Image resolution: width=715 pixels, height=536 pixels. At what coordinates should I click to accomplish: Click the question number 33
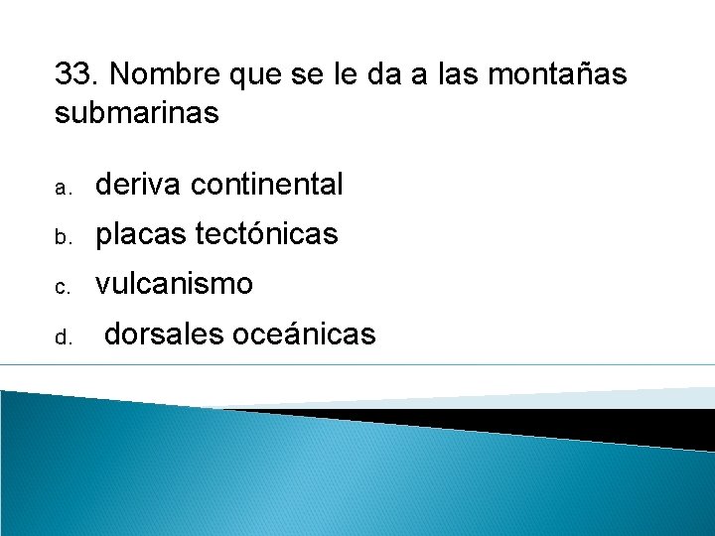75,74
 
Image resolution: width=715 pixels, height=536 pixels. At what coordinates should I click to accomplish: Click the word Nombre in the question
162,74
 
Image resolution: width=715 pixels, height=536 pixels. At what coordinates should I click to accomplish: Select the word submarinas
136,113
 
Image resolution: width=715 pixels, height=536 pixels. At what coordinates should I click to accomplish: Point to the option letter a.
61,187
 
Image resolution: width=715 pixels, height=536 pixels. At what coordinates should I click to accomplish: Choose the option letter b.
61,237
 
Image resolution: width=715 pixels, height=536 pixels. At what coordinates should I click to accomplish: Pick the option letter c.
61,288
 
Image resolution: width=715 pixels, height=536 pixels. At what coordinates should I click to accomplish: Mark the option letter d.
61,338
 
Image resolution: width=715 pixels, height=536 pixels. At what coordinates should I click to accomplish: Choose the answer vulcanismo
174,285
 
